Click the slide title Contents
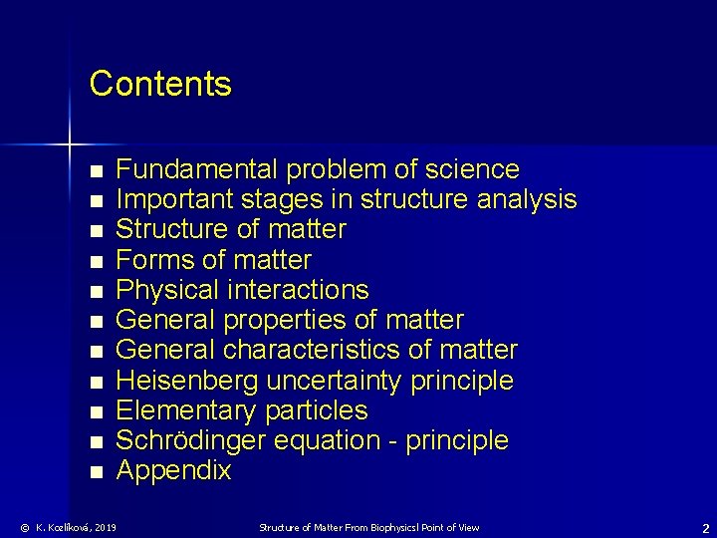coord(160,84)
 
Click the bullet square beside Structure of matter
coord(96,231)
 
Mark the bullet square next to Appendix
coord(96,472)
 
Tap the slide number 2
coord(705,528)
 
